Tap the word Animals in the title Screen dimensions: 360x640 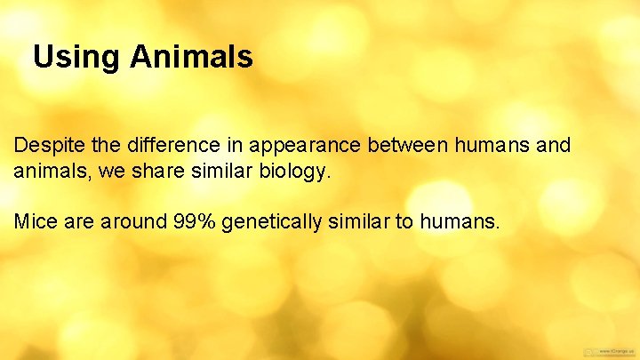[191, 58]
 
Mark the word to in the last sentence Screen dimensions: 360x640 [404, 220]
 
